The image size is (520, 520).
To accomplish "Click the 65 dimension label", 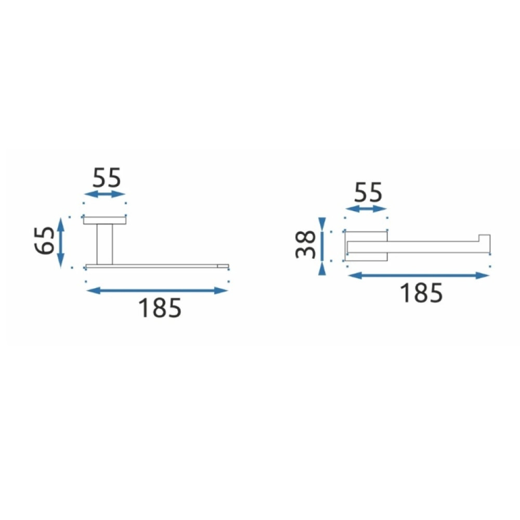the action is [x=45, y=241].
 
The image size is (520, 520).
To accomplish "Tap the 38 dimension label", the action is [x=305, y=244].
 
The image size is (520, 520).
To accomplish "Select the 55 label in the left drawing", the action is [x=107, y=178].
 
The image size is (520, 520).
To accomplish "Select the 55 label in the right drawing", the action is [x=368, y=192].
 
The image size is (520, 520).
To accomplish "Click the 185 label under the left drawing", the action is [x=160, y=308].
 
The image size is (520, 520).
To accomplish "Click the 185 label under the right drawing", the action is [x=421, y=293].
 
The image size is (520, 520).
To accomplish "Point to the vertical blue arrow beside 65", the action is [x=60, y=243].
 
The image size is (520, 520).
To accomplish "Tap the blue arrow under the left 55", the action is [x=105, y=194].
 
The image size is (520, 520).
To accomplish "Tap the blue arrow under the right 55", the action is [x=366, y=209].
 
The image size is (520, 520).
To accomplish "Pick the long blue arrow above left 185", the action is [x=157, y=291].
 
